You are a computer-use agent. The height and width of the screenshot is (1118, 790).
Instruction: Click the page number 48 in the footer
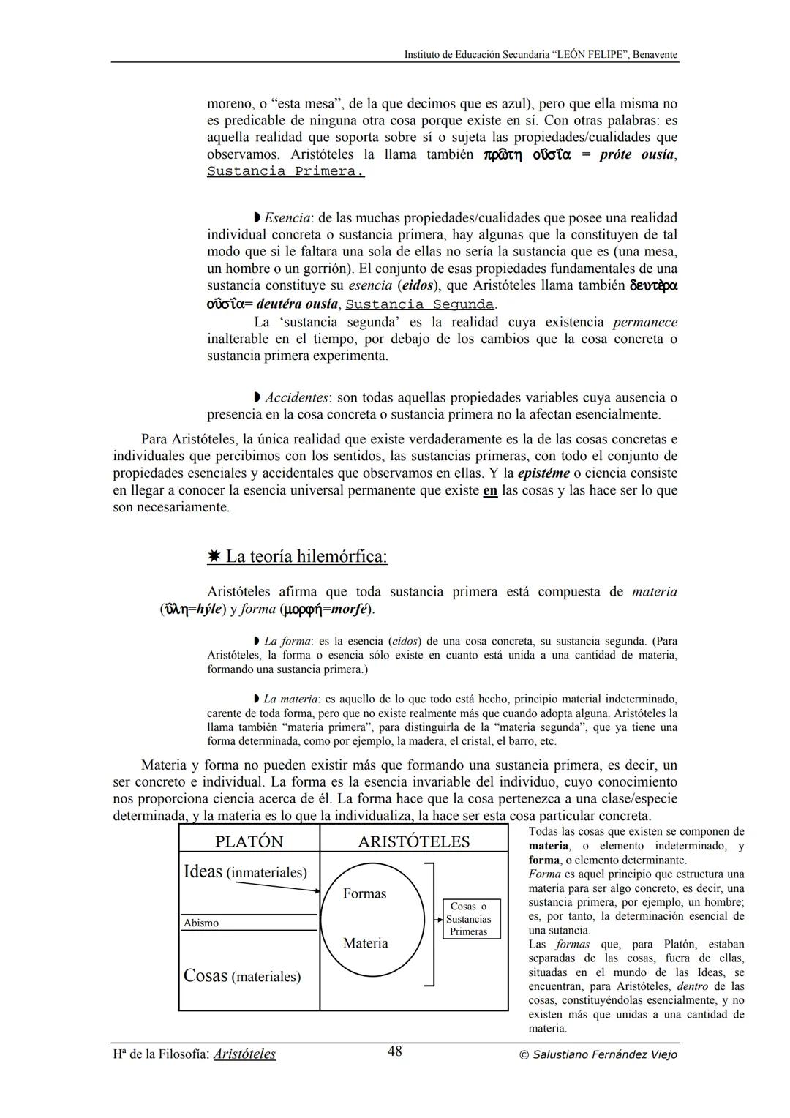394,1051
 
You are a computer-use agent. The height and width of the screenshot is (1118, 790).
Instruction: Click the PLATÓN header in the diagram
249,841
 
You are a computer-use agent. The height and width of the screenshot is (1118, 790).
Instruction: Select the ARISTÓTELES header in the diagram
413,841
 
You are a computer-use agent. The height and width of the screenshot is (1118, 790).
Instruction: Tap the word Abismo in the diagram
201,923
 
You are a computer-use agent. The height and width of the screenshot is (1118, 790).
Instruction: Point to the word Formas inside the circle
364,893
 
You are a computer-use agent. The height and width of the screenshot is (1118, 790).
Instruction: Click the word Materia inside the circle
365,943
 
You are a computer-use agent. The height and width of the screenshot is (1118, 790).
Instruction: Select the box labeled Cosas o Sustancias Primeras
468,919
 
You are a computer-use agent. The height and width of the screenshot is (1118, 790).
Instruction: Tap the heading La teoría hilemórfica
306,557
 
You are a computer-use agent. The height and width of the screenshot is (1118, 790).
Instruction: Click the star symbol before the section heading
214,557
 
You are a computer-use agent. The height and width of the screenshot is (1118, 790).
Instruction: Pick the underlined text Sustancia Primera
285,171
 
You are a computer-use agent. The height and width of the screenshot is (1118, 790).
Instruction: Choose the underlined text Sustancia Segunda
420,304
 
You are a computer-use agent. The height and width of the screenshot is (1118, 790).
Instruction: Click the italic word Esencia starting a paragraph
287,217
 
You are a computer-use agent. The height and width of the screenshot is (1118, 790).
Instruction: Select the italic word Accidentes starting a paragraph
296,397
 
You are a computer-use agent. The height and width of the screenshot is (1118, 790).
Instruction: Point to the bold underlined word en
490,490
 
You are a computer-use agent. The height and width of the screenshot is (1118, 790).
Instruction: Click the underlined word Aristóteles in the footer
244,1054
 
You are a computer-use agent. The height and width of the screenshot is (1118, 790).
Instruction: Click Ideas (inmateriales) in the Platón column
245,871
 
